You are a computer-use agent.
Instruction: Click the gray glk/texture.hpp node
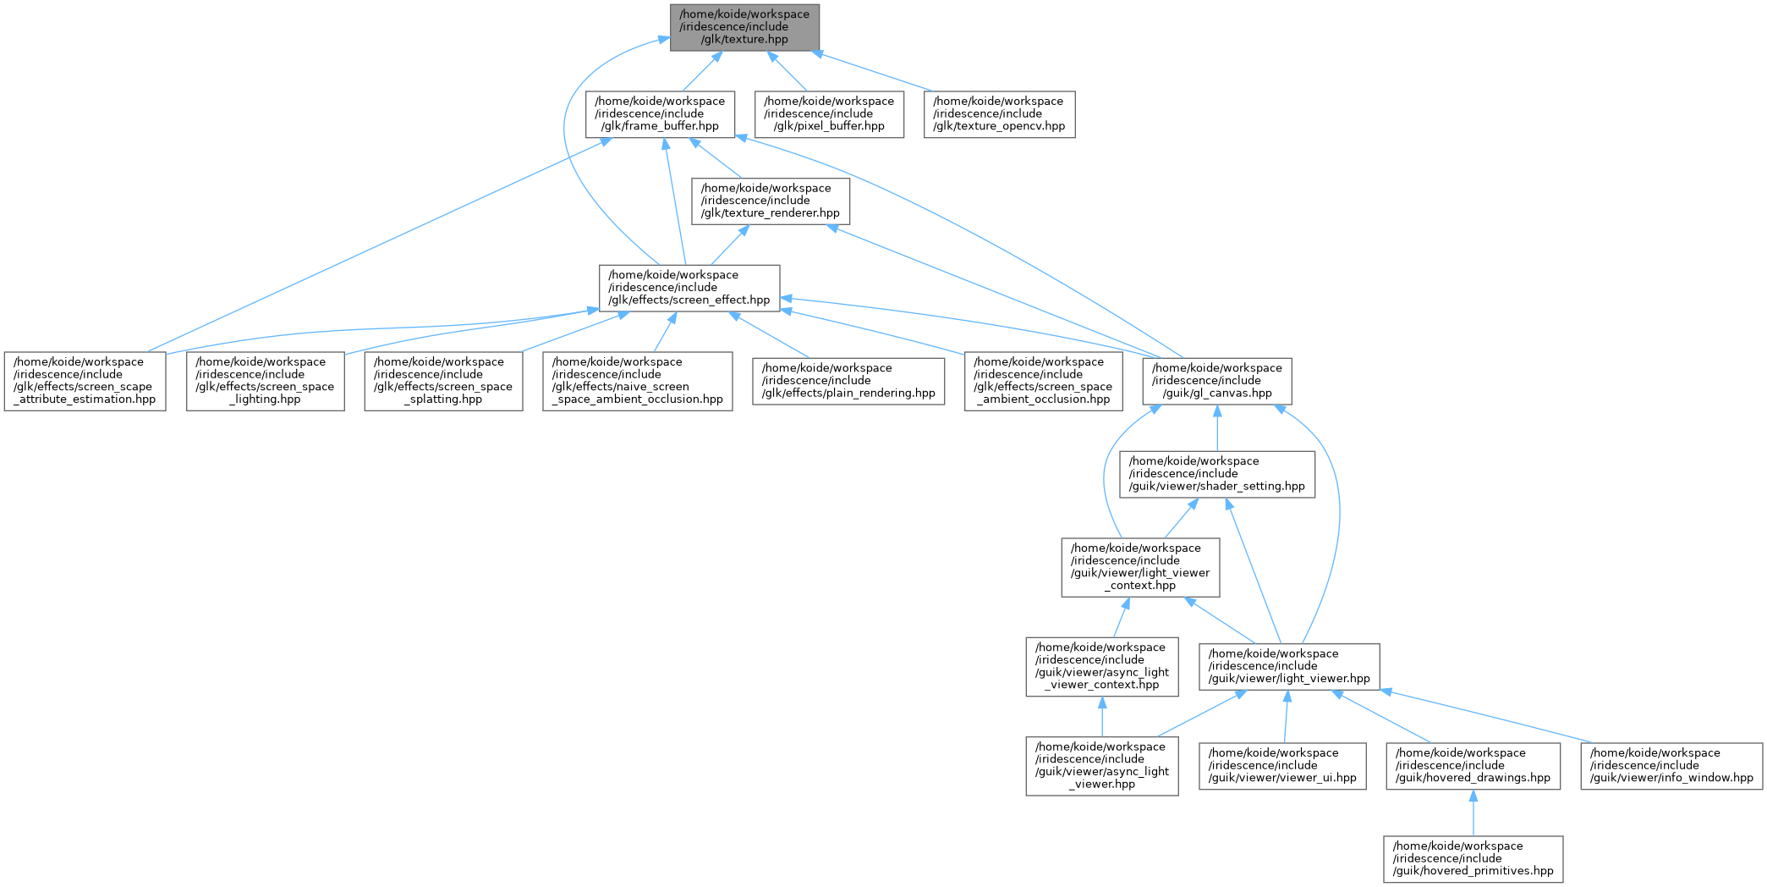[x=744, y=27]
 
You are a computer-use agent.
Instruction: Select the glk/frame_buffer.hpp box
[x=660, y=114]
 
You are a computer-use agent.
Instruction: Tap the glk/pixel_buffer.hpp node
[x=829, y=114]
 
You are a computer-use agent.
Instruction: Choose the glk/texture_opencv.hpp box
[x=999, y=114]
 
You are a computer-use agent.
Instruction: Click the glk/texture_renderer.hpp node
[x=771, y=201]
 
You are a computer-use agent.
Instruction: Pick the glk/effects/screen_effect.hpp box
[x=689, y=288]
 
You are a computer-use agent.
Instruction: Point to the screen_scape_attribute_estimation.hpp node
[x=85, y=381]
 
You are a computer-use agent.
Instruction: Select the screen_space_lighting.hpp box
[x=265, y=381]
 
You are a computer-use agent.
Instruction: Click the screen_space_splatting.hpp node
[x=443, y=381]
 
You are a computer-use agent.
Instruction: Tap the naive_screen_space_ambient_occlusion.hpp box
[x=638, y=381]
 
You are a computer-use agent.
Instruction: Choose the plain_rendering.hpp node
[x=848, y=381]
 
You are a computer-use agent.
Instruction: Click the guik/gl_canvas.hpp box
[x=1216, y=381]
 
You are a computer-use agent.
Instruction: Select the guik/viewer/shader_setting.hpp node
[x=1217, y=474]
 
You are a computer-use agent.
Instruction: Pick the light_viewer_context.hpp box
[x=1140, y=567]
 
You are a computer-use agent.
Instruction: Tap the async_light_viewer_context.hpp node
[x=1101, y=666]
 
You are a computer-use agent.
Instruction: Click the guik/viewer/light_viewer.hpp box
[x=1289, y=666]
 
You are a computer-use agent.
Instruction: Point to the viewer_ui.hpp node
[x=1282, y=766]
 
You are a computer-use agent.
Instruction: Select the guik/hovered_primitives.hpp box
[x=1473, y=859]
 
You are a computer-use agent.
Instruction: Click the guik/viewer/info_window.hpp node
[x=1671, y=766]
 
